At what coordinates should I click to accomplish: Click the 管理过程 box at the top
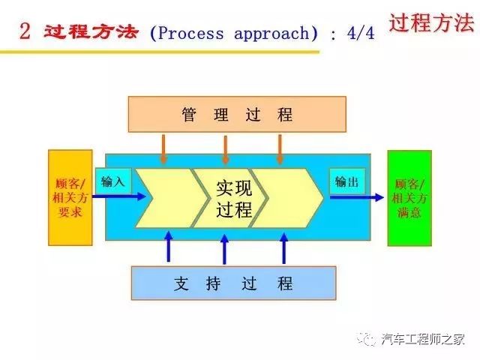(x=237, y=114)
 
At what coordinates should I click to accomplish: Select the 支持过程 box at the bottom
(x=234, y=283)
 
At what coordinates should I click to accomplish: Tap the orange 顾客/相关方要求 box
(x=70, y=198)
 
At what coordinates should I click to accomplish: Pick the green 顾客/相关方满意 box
(x=409, y=198)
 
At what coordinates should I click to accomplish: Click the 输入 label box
(x=113, y=181)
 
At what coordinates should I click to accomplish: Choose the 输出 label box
(x=347, y=181)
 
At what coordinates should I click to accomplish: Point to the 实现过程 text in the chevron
(x=234, y=199)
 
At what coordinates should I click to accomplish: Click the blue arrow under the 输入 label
(x=119, y=196)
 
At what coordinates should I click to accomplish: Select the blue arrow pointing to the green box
(x=357, y=197)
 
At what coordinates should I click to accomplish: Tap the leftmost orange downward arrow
(x=163, y=149)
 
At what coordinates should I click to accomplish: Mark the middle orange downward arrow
(x=226, y=150)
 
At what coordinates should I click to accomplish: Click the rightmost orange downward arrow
(x=280, y=149)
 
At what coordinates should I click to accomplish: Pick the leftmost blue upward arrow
(x=168, y=247)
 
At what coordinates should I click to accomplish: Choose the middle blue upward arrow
(x=225, y=249)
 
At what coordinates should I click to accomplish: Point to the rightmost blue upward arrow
(x=284, y=248)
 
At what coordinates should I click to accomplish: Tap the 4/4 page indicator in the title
(x=361, y=33)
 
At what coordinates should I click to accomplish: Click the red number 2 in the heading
(x=25, y=31)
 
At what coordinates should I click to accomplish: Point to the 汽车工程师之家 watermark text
(x=423, y=339)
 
